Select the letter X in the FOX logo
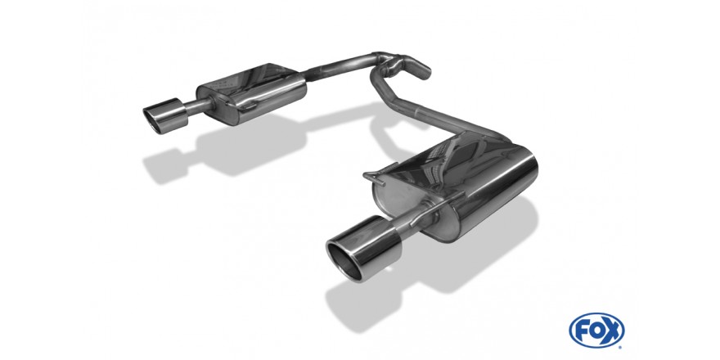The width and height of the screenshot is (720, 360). [613, 331]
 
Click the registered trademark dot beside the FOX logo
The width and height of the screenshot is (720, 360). [621, 347]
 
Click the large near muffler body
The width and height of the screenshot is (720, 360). [464, 188]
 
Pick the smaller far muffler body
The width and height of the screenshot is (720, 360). [252, 93]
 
